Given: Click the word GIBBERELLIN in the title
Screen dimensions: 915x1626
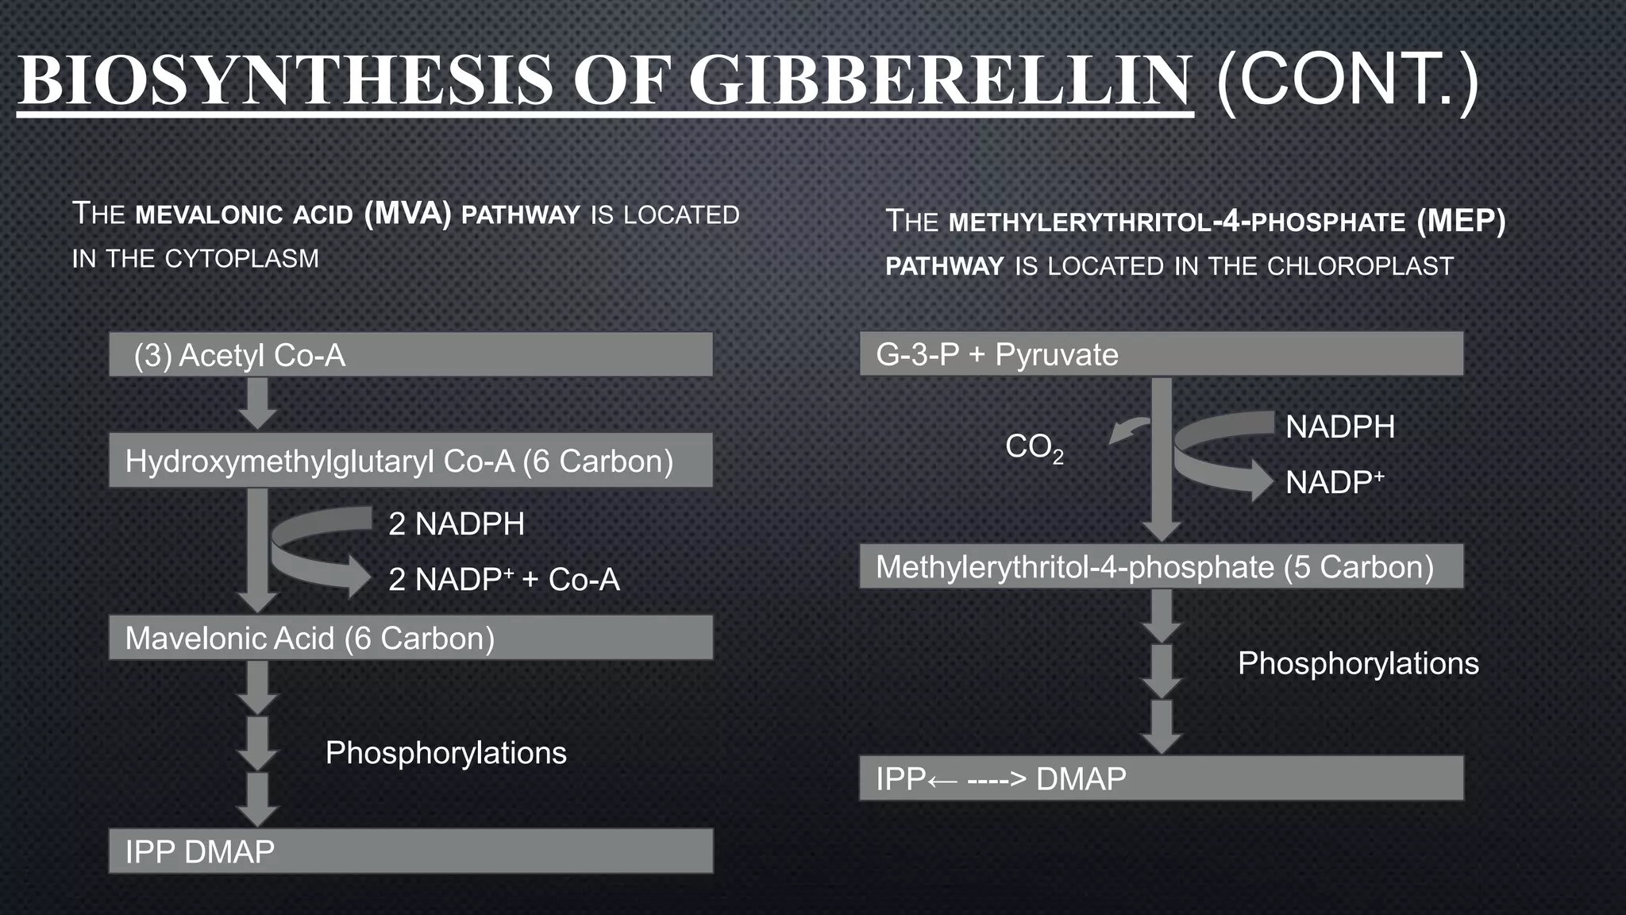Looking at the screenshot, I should click(x=940, y=81).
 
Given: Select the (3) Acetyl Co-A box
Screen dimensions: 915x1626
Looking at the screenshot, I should click(x=410, y=354).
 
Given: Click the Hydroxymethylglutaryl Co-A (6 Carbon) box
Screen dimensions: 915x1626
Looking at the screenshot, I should click(x=410, y=461).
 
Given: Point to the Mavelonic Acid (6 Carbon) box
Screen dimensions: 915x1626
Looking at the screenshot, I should click(x=410, y=638).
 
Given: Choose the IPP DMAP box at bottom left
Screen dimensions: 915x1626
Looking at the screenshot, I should click(x=410, y=851).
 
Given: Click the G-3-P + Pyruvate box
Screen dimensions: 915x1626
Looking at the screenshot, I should click(x=1161, y=354).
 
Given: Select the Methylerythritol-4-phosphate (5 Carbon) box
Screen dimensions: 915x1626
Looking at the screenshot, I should click(x=1161, y=566).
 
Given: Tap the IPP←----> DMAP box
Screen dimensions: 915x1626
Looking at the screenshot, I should click(x=1161, y=778).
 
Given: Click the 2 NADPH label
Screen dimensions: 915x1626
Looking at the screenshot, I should click(x=457, y=524).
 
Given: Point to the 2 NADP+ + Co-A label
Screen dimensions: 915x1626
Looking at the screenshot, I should click(x=503, y=580).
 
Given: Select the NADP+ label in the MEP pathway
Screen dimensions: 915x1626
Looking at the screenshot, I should click(x=1335, y=482).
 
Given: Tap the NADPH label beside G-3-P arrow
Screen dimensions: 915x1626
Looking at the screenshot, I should click(x=1340, y=427).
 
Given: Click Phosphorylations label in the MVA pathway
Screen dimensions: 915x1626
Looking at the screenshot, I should click(x=446, y=753).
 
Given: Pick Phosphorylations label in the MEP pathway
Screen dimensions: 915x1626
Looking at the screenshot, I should click(x=1358, y=663).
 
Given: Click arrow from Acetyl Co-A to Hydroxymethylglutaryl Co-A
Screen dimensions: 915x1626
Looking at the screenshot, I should click(x=257, y=403).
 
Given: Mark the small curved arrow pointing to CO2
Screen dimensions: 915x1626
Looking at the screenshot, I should click(x=1127, y=430).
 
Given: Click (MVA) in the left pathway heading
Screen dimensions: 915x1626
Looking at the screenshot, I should click(x=407, y=214).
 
